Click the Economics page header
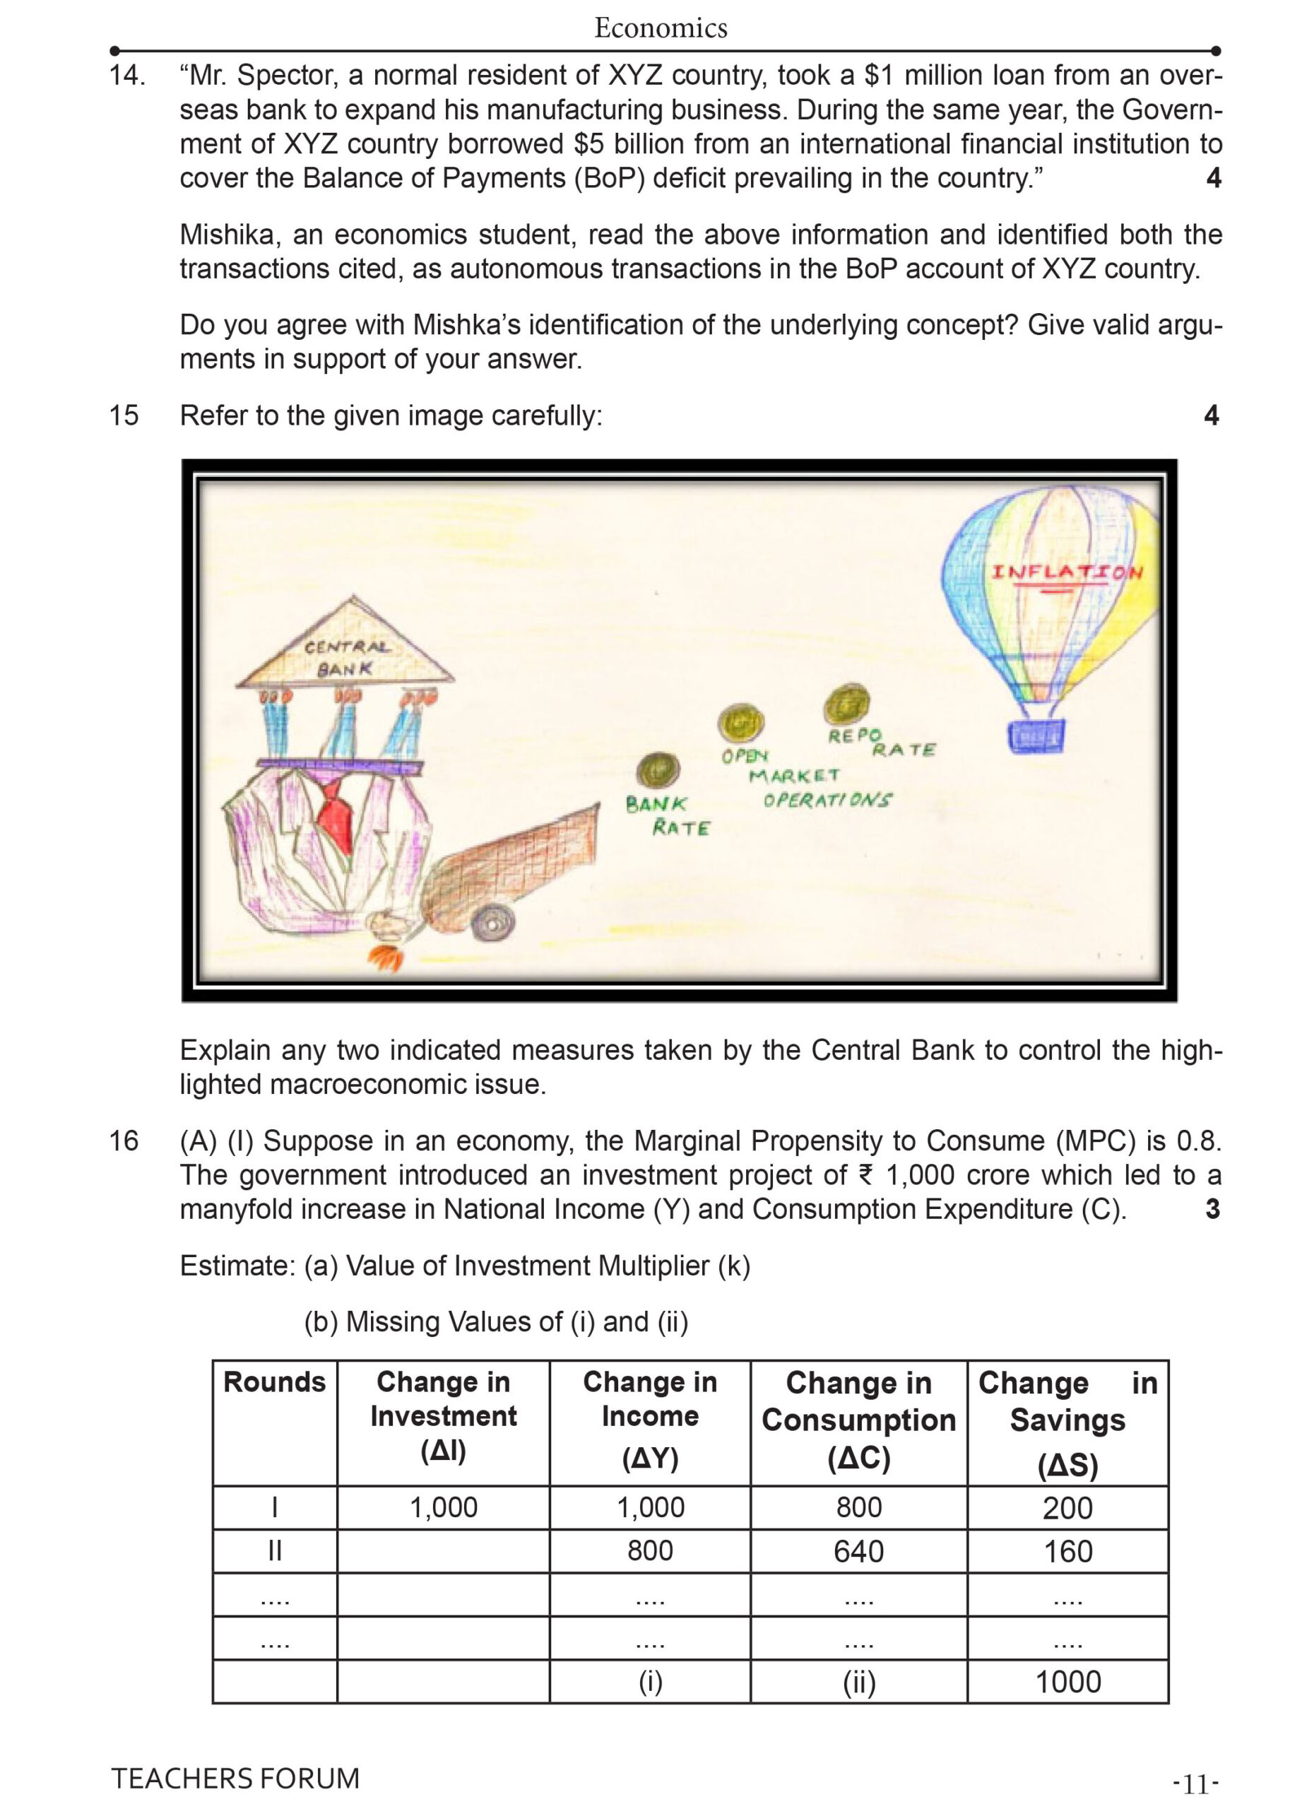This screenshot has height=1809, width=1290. tap(660, 28)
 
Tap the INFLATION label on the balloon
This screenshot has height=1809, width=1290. tap(1067, 572)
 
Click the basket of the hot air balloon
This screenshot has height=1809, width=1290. tap(1036, 735)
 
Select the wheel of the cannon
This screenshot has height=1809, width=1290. tap(492, 925)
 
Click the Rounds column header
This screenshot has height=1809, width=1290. tap(274, 1382)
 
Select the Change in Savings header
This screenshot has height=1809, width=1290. tap(1067, 1422)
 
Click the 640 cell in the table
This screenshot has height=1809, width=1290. tap(858, 1551)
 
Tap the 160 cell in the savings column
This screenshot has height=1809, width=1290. tap(1067, 1551)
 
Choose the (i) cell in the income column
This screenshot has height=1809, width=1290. tap(650, 1681)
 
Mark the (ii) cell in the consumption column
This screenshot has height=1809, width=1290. tap(858, 1681)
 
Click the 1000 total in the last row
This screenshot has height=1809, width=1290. tap(1067, 1681)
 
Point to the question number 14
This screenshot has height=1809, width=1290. tap(127, 76)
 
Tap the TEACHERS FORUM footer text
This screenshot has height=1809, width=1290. tap(235, 1778)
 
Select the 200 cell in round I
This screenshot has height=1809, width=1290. tap(1067, 1508)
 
